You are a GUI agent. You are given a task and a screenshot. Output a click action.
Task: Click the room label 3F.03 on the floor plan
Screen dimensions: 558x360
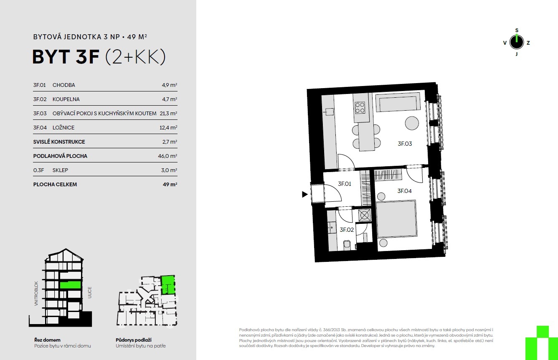pos(405,144)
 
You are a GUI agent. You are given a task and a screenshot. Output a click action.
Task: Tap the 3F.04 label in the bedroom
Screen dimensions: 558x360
pos(404,191)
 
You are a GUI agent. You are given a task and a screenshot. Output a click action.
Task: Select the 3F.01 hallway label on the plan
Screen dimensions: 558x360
pos(344,184)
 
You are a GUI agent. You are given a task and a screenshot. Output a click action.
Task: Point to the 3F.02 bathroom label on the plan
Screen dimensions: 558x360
pos(347,230)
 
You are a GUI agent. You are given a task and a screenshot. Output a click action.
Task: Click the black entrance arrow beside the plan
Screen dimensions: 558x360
pos(304,194)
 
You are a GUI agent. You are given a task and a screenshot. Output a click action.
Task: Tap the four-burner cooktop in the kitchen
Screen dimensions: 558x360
pos(360,108)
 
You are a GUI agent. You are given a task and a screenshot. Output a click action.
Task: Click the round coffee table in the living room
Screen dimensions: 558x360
pos(412,123)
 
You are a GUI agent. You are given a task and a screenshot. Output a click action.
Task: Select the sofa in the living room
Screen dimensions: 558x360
pos(398,102)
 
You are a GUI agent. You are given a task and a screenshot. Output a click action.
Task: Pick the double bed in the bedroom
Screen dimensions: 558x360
pos(396,219)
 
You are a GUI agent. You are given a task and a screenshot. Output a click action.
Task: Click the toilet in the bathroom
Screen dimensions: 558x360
pos(347,245)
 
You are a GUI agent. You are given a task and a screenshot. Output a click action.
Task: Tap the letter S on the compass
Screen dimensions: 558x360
pos(517,30)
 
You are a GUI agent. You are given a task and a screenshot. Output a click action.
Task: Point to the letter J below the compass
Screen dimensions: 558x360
pos(516,54)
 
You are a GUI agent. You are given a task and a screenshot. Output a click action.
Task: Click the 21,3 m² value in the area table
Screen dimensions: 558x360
pos(168,113)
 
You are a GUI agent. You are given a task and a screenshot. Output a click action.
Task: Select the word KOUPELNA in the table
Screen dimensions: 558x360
pos(66,99)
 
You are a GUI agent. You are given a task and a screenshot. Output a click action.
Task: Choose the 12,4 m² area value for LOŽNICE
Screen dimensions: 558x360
pos(168,127)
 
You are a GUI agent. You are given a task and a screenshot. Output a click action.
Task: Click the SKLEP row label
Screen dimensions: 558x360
pos(60,170)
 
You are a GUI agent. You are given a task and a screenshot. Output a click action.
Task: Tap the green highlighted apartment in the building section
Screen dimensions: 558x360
pos(71,285)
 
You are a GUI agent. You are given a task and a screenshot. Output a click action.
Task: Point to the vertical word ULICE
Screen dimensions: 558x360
pos(90,292)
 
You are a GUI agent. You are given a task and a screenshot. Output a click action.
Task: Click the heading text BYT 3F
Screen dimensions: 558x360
pos(66,57)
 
